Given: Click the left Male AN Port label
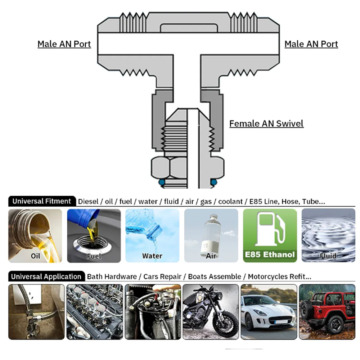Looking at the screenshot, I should [x=64, y=44].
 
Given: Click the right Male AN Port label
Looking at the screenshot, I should [x=311, y=44].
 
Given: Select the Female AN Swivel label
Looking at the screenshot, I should [x=266, y=123].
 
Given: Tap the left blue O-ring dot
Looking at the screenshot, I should [x=162, y=182].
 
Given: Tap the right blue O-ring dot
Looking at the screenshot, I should [x=214, y=182].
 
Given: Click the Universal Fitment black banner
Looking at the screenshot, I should [x=42, y=201].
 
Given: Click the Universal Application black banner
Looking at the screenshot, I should [x=46, y=276].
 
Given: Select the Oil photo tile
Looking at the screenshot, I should [x=35, y=235].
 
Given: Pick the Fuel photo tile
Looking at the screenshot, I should [x=94, y=235].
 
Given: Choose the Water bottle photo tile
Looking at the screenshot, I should [x=152, y=235].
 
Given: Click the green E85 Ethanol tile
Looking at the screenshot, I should [x=270, y=235].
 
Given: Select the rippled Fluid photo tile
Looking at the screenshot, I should [x=328, y=235].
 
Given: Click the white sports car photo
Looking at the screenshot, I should [x=269, y=312].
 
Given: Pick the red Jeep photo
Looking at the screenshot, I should [x=327, y=312].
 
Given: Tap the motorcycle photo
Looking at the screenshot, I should [x=211, y=312].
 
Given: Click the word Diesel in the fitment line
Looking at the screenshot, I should [x=88, y=201].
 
